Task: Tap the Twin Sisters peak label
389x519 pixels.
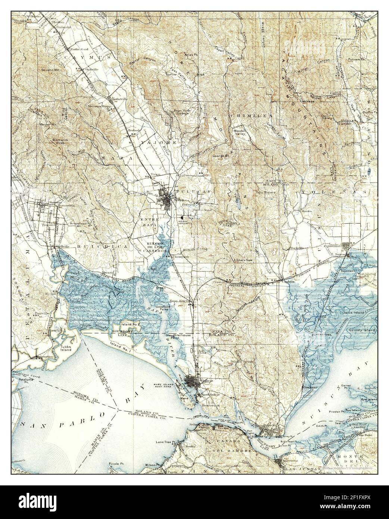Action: click(265, 192)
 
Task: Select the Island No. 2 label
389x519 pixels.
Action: click(130, 324)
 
